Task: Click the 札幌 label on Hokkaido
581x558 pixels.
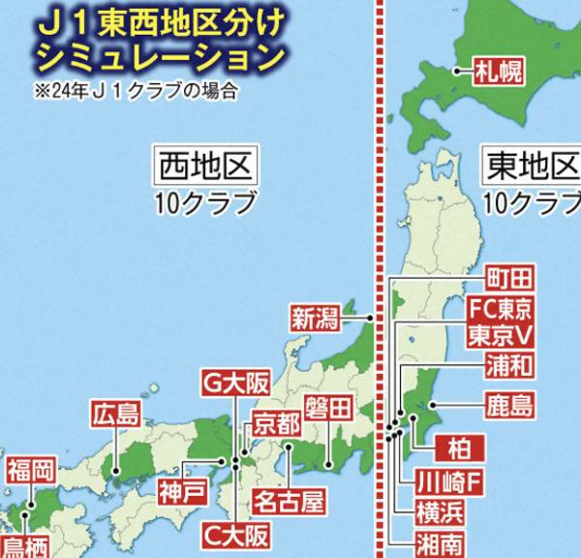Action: [498, 70]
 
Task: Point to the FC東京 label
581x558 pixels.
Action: [500, 310]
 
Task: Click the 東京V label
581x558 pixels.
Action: [500, 336]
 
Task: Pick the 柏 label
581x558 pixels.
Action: [453, 448]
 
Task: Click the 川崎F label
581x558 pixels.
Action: [447, 481]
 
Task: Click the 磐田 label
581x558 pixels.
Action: [326, 408]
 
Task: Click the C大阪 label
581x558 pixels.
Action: [237, 534]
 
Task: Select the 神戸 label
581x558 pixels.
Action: [183, 490]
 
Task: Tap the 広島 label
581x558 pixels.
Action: [116, 416]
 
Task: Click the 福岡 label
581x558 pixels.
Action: [30, 473]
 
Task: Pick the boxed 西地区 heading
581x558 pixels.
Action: [206, 167]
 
